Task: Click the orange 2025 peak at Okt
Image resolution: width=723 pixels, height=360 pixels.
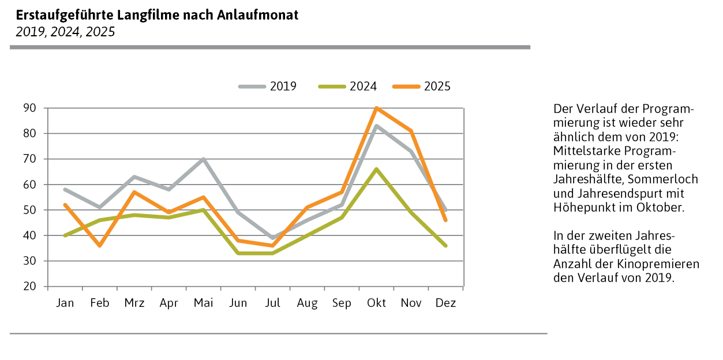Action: [x=376, y=108]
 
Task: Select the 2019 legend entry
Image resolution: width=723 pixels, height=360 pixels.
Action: [x=268, y=87]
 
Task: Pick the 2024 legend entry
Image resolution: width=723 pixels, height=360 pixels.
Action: [x=347, y=87]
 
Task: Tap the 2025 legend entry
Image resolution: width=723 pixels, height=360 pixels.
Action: [x=421, y=87]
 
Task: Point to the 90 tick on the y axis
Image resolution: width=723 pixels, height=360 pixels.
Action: [x=29, y=108]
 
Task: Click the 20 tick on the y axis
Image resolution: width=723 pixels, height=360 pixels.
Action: [x=29, y=287]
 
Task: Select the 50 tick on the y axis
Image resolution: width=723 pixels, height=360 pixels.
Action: [x=29, y=210]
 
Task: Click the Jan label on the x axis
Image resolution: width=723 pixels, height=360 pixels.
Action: [x=65, y=303]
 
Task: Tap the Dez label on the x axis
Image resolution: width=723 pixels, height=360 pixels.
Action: [x=445, y=303]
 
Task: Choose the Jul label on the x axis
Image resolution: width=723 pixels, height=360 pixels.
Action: [x=272, y=303]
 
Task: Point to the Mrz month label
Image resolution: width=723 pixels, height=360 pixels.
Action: [x=134, y=303]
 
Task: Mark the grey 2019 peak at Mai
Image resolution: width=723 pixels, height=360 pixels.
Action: [x=203, y=159]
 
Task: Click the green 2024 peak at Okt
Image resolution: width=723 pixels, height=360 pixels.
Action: [x=376, y=169]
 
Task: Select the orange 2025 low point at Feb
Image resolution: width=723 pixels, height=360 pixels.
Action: [x=99, y=246]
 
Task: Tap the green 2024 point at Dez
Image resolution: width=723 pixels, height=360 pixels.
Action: [x=445, y=246]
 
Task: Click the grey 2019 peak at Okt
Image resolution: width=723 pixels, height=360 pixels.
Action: [x=376, y=126]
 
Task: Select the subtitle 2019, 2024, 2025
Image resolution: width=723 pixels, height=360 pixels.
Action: [x=65, y=32]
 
